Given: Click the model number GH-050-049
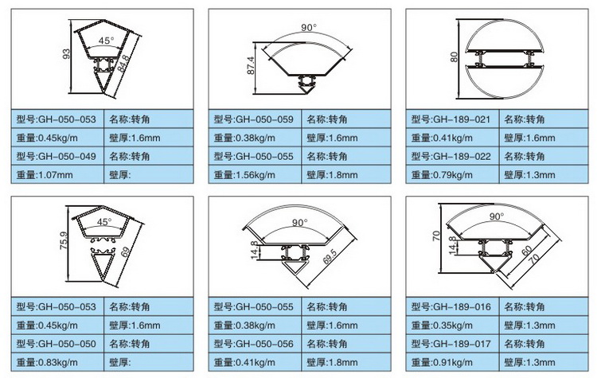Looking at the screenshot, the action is click(x=57, y=156).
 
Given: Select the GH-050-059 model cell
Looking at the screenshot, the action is click(x=255, y=119).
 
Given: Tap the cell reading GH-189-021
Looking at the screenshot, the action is click(x=452, y=119).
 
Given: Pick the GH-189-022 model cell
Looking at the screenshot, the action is click(x=452, y=156).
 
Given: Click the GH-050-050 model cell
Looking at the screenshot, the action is click(x=57, y=344).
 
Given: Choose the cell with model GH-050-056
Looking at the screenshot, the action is click(x=255, y=344).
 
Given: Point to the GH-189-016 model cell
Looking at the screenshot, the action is click(x=452, y=307).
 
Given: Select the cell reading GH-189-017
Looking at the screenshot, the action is click(x=452, y=344).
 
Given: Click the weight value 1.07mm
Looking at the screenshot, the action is click(x=57, y=175).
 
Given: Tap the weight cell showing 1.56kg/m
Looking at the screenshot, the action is click(x=255, y=175).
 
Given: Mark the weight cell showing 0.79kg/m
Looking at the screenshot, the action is click(x=452, y=175).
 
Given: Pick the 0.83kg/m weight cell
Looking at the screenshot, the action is click(x=57, y=362).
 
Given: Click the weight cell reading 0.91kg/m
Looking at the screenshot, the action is click(x=452, y=362).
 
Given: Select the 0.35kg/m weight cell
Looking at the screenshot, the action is click(x=452, y=325).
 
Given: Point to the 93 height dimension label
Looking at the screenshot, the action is click(x=66, y=54).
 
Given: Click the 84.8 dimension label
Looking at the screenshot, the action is click(x=123, y=62).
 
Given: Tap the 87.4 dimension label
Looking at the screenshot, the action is click(x=251, y=65).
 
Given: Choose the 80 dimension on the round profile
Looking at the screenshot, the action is click(x=454, y=57).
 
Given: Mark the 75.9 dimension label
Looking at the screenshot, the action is click(x=64, y=240).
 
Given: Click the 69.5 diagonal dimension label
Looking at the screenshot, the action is click(x=330, y=257).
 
